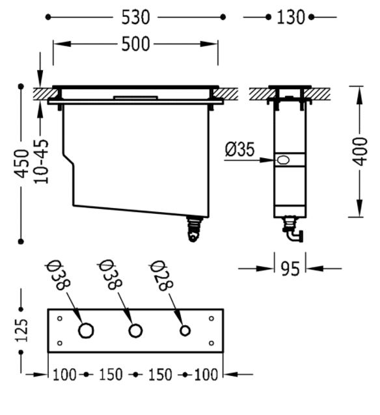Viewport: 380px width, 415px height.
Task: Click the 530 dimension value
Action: click(135, 18)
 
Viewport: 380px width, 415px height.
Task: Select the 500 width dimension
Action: click(135, 44)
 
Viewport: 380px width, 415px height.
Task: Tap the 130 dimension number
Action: click(290, 18)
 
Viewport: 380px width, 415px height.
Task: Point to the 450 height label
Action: click(21, 163)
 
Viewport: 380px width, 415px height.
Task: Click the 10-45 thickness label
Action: click(41, 161)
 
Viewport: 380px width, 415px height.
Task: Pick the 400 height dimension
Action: click(360, 152)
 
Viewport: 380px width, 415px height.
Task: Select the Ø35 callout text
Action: click(239, 149)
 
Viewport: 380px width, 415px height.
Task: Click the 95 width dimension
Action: click(290, 269)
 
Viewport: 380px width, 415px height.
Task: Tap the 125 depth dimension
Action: click(21, 330)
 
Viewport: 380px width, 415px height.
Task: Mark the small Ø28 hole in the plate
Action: click(185, 330)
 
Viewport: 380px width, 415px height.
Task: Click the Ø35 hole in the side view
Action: click(283, 160)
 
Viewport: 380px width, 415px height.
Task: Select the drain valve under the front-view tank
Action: click(194, 229)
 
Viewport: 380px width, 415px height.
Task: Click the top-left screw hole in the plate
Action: click(60, 318)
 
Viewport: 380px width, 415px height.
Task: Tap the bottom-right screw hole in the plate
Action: click(211, 343)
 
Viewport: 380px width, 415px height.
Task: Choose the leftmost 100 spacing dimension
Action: click(64, 375)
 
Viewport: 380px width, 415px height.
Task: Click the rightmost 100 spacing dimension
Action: click(206, 375)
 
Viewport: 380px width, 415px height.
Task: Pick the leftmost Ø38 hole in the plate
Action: click(86, 330)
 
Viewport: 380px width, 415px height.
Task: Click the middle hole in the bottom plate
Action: click(135, 330)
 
